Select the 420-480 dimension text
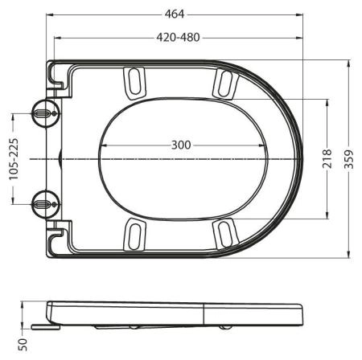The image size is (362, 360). click(x=179, y=37)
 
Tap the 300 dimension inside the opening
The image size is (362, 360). click(x=181, y=145)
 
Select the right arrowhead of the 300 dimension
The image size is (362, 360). click(x=265, y=145)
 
